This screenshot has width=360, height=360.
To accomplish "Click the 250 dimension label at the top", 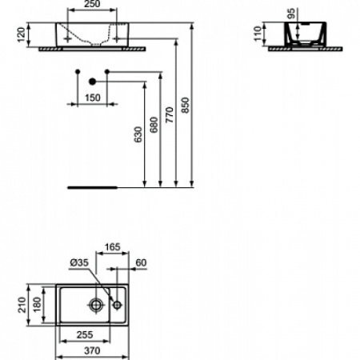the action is click(x=92, y=4).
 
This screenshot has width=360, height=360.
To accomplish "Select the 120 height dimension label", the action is click(x=21, y=34).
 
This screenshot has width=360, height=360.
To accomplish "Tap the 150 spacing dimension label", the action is click(x=93, y=98).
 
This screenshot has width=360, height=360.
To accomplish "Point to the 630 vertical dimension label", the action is click(x=138, y=134).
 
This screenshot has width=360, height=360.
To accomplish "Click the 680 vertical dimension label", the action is click(x=154, y=125).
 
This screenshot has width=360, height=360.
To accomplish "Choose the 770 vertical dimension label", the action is click(x=170, y=115).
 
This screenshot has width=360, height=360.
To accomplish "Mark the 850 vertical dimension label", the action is click(x=185, y=105).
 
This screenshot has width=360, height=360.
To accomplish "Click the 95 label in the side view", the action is click(x=292, y=14).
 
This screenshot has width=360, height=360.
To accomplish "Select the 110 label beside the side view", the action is click(x=258, y=34).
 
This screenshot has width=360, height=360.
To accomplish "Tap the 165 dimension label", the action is click(x=112, y=247).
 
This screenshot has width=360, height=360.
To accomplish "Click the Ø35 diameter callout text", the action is click(x=79, y=262).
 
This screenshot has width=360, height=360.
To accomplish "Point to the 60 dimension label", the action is click(x=141, y=262).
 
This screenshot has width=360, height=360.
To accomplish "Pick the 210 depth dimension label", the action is click(x=22, y=305).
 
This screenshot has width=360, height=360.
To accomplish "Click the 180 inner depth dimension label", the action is click(x=37, y=304).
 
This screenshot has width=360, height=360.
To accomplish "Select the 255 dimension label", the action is click(x=85, y=334).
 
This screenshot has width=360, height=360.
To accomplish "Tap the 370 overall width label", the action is click(x=92, y=350).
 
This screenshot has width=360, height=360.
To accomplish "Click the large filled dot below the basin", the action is click(x=92, y=82).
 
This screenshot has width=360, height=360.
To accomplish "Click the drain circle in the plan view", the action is click(x=95, y=305).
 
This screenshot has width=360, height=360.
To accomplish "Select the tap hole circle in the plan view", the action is click(x=118, y=305).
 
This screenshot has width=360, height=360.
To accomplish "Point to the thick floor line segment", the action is click(x=92, y=188).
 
